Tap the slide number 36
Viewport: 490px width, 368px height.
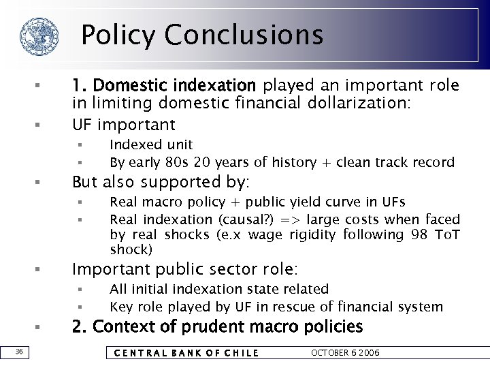click(x=22, y=351)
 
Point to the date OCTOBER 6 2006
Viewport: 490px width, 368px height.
click(x=345, y=352)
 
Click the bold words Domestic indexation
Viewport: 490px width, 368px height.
click(x=174, y=86)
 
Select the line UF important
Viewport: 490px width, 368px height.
click(x=124, y=125)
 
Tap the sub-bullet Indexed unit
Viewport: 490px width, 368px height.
click(x=151, y=144)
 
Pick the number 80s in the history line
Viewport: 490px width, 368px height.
click(x=180, y=162)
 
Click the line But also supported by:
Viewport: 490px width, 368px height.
click(x=161, y=182)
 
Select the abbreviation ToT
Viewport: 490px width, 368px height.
click(x=448, y=235)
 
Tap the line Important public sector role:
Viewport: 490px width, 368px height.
click(x=185, y=270)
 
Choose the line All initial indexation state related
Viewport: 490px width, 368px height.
click(x=219, y=290)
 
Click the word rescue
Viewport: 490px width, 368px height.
click(x=304, y=307)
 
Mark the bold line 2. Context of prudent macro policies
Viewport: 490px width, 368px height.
click(x=218, y=327)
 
